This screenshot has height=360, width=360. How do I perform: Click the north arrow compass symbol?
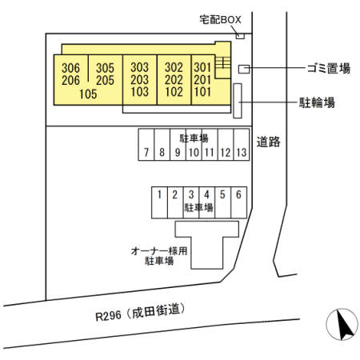(342, 324)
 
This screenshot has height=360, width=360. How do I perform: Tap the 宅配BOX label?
(220, 19)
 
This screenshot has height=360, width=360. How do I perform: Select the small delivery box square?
(240, 36)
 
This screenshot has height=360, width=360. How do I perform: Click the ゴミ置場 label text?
(329, 68)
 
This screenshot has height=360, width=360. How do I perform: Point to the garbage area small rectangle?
(244, 69)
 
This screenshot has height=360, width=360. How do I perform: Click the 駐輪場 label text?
(317, 102)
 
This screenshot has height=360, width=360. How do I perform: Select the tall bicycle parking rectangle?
(238, 101)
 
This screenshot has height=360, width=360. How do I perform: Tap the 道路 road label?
(268, 142)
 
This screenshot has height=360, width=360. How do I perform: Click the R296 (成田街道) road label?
(141, 312)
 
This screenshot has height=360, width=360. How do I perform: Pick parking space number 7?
(146, 152)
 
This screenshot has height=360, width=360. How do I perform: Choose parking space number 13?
(242, 152)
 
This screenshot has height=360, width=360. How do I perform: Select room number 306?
(70, 68)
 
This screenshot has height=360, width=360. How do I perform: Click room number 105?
(88, 94)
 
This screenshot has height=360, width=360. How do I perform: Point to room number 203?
(139, 80)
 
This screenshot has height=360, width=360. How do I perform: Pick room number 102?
(174, 92)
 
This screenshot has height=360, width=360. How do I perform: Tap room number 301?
(202, 67)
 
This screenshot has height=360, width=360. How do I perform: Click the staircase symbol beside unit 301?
(223, 62)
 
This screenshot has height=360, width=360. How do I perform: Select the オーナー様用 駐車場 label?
(159, 256)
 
